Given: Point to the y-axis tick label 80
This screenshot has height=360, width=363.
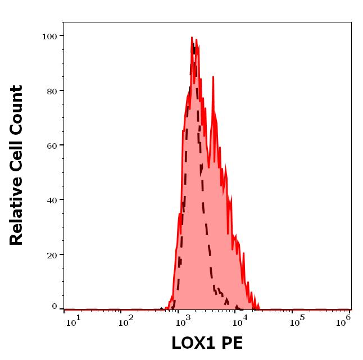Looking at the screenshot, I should tap(51, 90).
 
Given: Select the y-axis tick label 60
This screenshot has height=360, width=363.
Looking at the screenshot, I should tap(51, 145).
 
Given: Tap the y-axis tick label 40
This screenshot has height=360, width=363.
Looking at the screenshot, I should tap(51, 199).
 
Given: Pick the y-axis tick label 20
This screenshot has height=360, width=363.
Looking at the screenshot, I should tap(51, 254).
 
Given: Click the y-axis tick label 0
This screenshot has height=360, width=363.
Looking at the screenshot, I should tap(54, 307).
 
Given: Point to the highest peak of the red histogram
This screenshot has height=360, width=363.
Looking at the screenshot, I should tap(192, 38).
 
